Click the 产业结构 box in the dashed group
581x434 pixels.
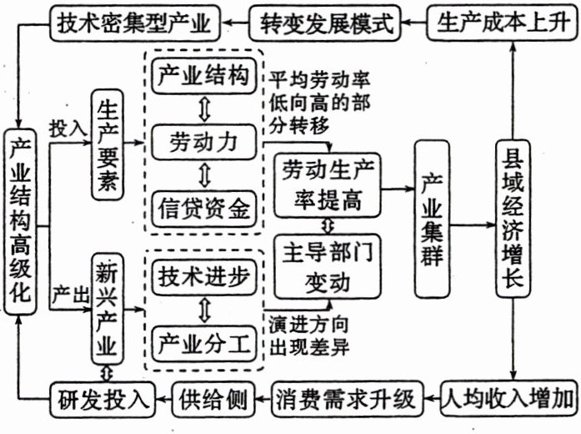[x=203, y=77]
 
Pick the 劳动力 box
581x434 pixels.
[x=203, y=142]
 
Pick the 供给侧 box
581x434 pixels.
[x=213, y=399]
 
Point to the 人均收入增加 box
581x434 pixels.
[x=509, y=399]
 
